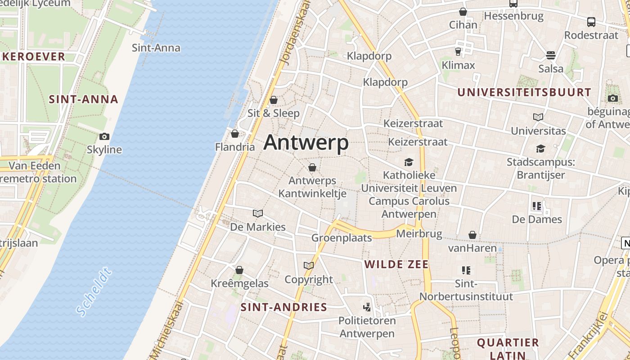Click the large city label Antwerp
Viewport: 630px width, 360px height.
click(306, 143)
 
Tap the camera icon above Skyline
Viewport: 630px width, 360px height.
click(104, 136)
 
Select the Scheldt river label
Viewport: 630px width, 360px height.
click(94, 292)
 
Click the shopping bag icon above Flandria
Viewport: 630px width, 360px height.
click(234, 134)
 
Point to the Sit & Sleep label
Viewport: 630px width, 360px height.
click(274, 113)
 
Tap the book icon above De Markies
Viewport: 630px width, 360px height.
click(258, 213)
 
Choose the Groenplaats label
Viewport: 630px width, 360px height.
click(342, 238)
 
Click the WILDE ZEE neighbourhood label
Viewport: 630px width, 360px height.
click(396, 264)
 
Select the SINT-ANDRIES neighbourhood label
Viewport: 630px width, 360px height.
click(283, 307)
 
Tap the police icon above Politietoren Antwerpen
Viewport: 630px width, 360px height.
click(367, 307)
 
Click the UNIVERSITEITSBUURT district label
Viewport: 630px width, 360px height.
click(524, 93)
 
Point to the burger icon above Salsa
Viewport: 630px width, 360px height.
click(551, 55)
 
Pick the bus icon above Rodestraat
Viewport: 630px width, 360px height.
click(591, 22)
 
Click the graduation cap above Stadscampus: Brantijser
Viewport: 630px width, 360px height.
click(540, 148)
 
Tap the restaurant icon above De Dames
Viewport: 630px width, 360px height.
click(537, 206)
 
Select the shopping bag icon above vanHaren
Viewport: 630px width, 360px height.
click(472, 235)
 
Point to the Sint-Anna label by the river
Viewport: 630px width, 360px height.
click(156, 48)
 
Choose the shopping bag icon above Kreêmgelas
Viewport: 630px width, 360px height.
click(239, 270)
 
